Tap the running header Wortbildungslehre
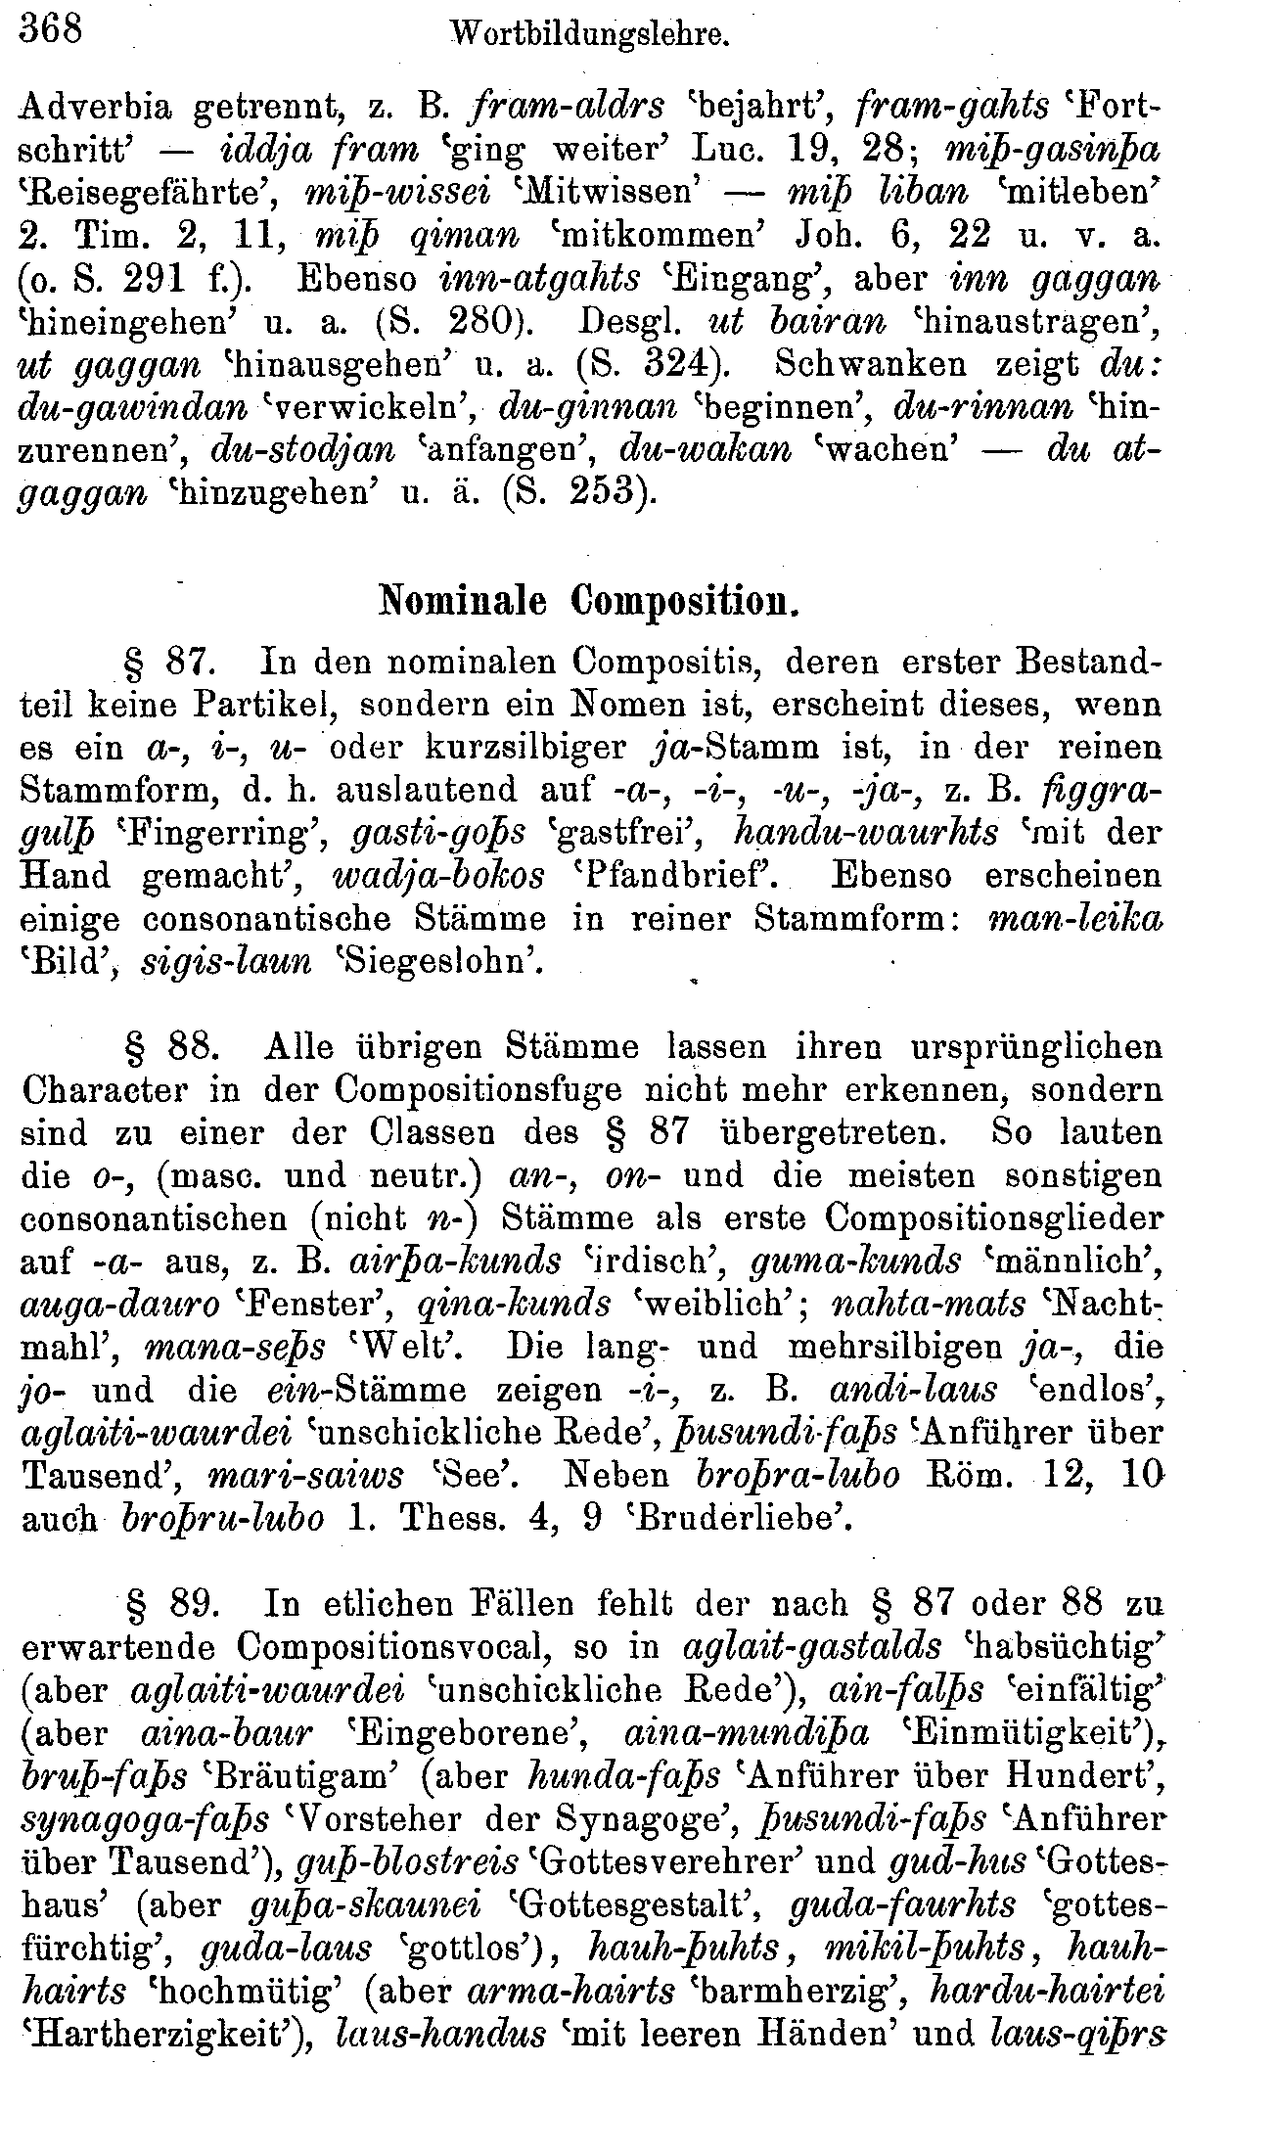pyautogui.click(x=590, y=38)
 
